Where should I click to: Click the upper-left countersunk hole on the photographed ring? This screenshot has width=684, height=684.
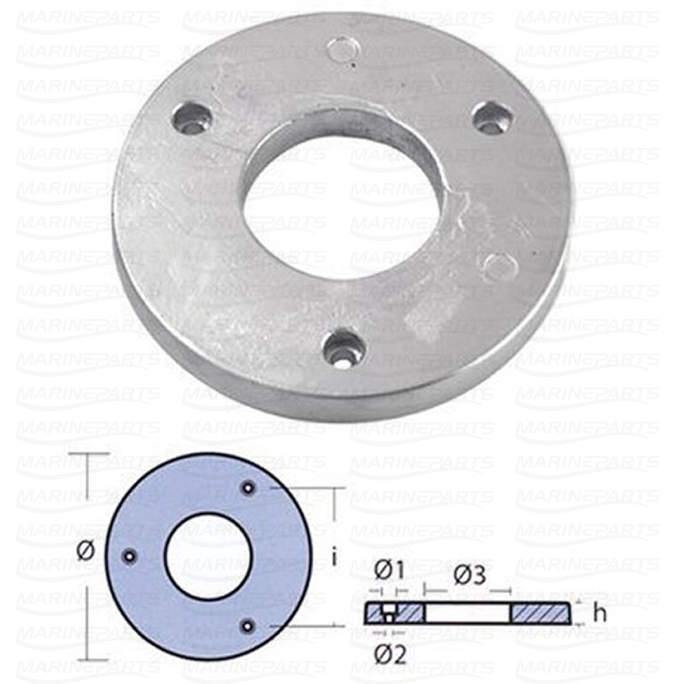(191, 117)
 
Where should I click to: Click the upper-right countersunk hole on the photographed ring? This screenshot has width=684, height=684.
(492, 117)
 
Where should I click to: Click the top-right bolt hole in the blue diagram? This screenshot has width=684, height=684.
(248, 487)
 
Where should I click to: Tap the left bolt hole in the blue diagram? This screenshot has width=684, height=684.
(129, 556)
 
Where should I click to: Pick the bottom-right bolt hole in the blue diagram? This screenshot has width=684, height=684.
(248, 626)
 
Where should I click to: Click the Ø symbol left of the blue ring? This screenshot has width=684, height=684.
(85, 551)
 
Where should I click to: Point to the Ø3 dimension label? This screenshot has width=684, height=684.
(469, 575)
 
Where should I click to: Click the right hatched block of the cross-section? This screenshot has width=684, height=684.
(540, 613)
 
